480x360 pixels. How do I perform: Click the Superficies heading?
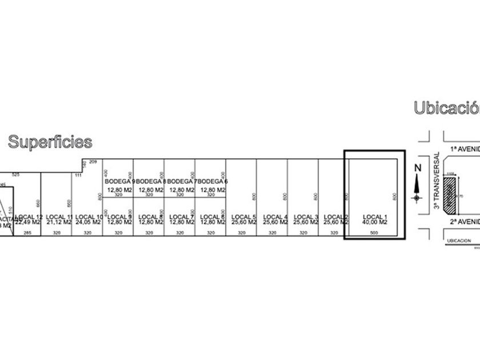coord(50,141)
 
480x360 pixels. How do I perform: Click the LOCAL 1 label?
coord(375,216)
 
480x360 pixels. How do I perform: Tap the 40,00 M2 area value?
coord(375,222)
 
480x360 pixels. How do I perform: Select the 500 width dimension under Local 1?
coord(375,233)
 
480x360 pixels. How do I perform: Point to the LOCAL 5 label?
coord(244,216)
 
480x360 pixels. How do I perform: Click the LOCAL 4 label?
coord(275,216)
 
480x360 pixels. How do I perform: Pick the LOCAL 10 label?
coord(89,216)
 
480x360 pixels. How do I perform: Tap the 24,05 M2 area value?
coord(89,222)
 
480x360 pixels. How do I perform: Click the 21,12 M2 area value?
coord(58,222)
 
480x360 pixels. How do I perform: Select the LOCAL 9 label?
coord(119,216)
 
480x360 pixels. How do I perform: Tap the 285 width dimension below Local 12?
coord(26,233)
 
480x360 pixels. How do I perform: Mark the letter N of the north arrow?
coord(417,167)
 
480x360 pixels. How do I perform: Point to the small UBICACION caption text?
coord(459,241)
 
